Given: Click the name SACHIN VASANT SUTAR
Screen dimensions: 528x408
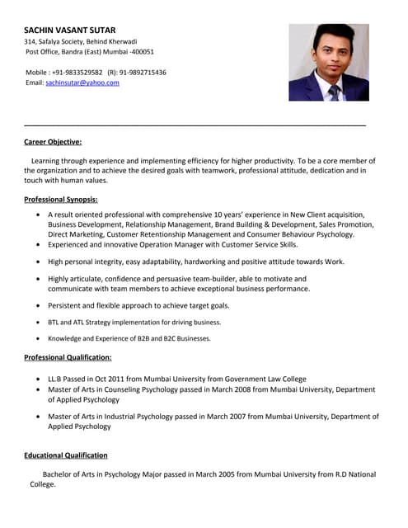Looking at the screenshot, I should [69, 29].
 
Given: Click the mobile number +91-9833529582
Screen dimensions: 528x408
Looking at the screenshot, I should [77, 72].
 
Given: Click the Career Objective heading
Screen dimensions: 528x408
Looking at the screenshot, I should [53, 142].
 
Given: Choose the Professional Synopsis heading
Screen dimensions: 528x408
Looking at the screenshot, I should [61, 199].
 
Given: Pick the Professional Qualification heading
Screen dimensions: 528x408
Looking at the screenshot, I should [68, 357].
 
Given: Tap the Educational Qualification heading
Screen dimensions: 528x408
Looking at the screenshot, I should [66, 455].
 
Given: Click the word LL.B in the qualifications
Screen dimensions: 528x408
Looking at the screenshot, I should [57, 379].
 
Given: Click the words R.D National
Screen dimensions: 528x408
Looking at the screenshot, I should [349, 474].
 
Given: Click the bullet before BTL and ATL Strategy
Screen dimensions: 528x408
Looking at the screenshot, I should [40, 323].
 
